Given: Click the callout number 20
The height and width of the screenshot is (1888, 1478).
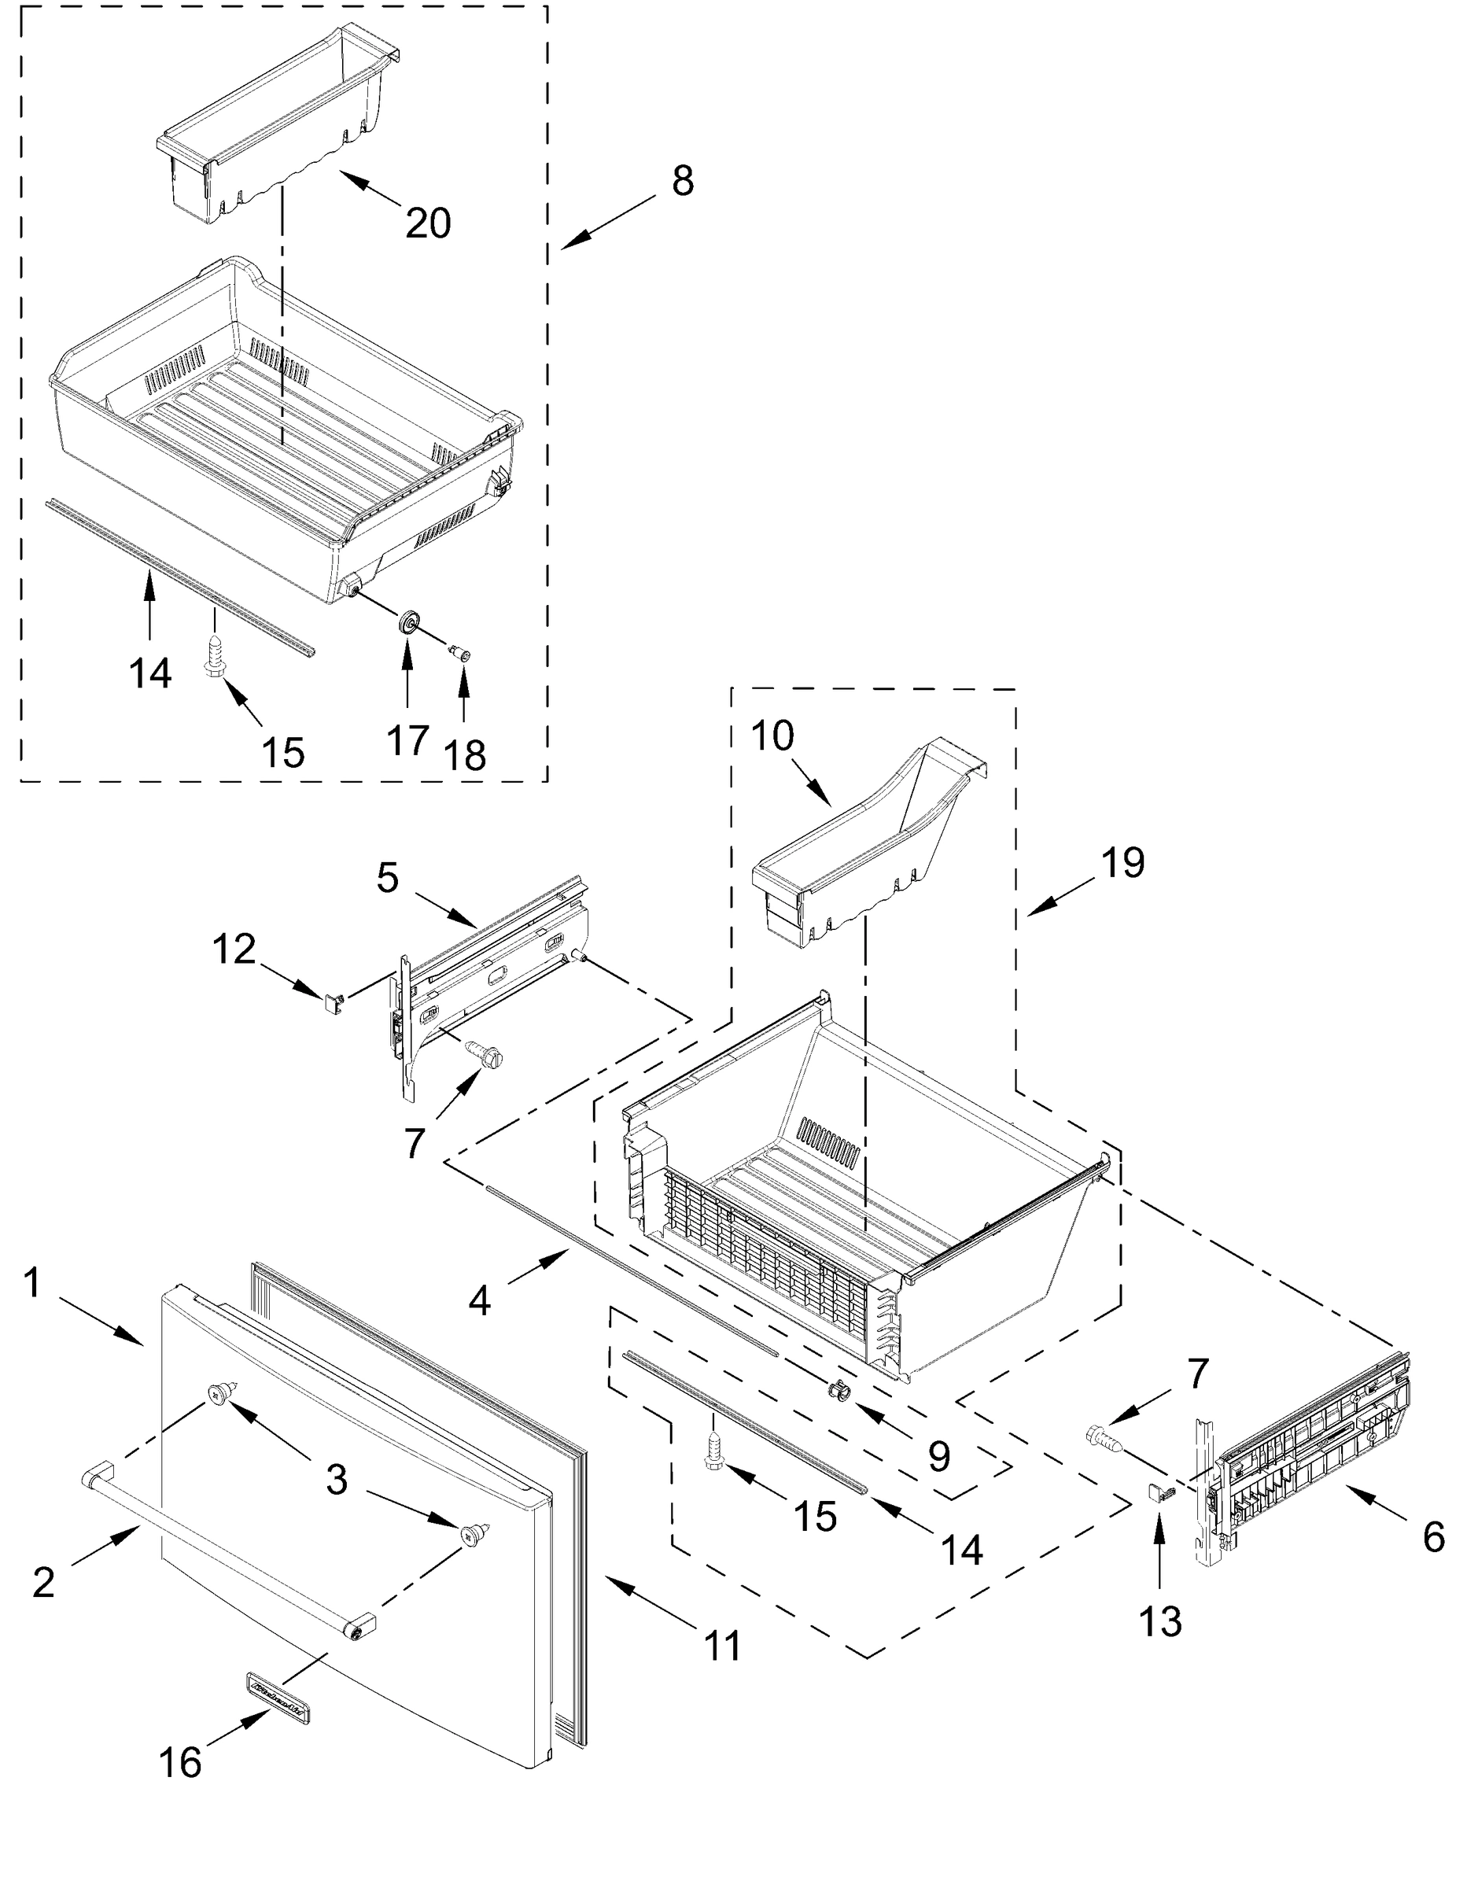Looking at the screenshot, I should [x=429, y=224].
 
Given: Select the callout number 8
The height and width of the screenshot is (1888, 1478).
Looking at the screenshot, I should [x=683, y=181].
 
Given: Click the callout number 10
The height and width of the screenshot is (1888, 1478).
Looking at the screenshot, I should [x=772, y=736].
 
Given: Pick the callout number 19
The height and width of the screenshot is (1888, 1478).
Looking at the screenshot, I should [x=1123, y=863].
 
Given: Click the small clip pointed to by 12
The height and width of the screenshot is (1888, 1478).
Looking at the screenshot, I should [x=332, y=1001].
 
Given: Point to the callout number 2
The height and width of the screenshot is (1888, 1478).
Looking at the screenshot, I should [x=43, y=1583].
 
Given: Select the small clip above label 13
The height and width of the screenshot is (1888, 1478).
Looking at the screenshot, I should [x=1159, y=1492].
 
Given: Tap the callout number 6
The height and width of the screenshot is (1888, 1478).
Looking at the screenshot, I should [x=1434, y=1538].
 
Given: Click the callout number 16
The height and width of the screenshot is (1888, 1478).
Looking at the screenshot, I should [x=181, y=1763].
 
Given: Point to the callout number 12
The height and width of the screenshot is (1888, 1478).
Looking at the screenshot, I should [x=234, y=950].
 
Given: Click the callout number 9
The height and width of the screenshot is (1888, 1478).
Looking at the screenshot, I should [x=939, y=1457].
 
